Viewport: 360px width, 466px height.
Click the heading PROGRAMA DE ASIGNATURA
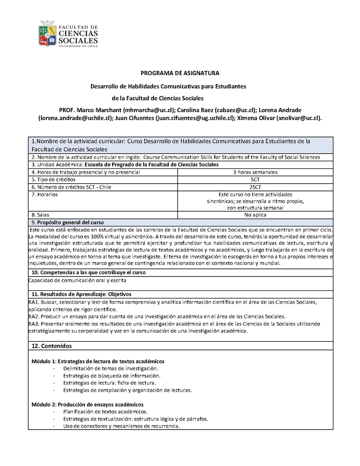(180, 73)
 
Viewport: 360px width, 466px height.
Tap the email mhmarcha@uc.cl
(148, 110)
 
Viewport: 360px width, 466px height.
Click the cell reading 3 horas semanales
(255, 172)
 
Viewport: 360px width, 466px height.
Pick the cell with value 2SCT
(255, 186)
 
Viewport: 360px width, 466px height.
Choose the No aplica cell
(255, 215)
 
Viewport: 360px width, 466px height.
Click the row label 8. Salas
(40, 215)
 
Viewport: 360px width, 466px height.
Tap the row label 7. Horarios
(45, 194)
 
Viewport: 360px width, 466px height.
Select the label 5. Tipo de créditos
(53, 179)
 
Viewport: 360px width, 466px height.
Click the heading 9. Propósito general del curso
(67, 222)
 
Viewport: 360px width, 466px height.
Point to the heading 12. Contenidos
(52, 346)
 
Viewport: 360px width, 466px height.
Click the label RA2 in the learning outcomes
(33, 316)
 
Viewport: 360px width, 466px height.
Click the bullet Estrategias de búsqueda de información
(112, 376)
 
